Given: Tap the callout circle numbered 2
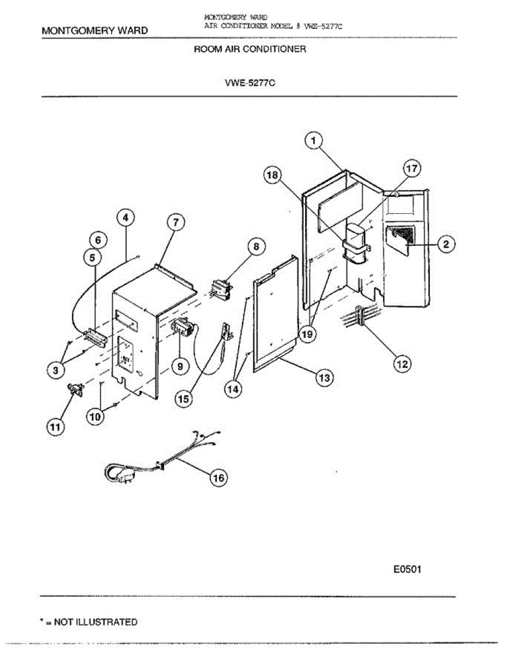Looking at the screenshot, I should click(446, 245).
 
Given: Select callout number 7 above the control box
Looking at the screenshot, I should click(175, 222).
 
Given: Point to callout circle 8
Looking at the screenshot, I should click(255, 246).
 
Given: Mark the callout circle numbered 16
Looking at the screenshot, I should click(218, 478).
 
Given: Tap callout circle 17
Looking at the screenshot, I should click(412, 169).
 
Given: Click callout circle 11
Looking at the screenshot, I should click(54, 428).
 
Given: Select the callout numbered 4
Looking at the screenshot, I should click(126, 219).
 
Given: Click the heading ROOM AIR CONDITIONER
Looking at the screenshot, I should click(250, 49).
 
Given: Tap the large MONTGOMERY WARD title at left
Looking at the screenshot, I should click(95, 31).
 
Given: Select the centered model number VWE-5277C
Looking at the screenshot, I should click(250, 84).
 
